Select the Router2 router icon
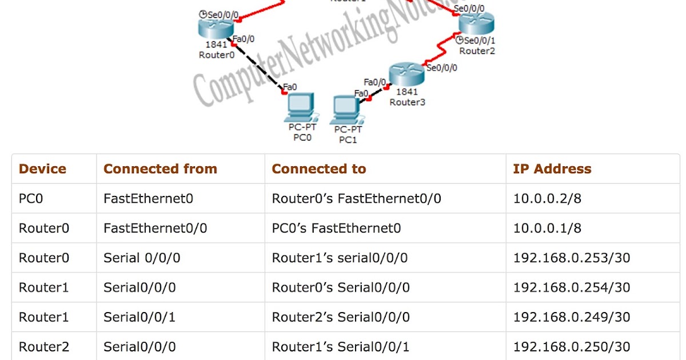pos(476,24)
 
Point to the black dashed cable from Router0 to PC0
pos(257,67)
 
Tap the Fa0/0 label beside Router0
pos(244,39)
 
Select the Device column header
pos(42,169)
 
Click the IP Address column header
pos(552,169)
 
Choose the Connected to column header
pos(318,169)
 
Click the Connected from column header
pos(160,169)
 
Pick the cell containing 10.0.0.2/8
pos(547,199)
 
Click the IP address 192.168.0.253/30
pos(571,258)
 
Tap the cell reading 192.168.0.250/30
pos(571,347)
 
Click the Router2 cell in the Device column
pos(43,347)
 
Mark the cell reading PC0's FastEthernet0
pos(336,229)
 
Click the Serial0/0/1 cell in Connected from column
pos(139,317)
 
